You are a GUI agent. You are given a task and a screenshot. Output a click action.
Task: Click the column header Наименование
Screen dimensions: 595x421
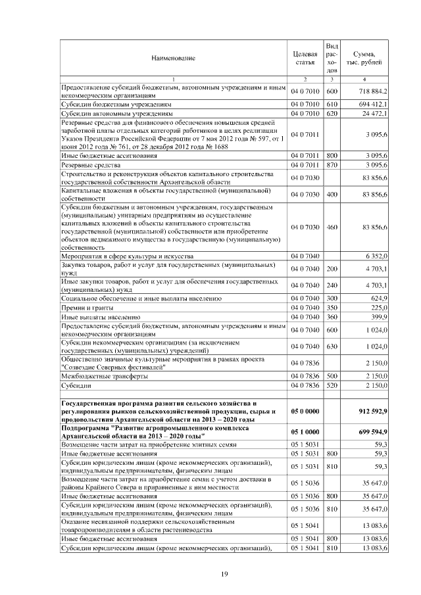(x=173, y=59)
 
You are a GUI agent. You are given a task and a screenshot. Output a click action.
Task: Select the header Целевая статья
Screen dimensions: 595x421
(x=305, y=58)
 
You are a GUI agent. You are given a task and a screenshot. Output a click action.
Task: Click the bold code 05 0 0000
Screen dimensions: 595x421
(x=305, y=411)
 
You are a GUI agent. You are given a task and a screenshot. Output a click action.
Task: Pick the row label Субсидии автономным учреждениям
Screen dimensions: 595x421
(x=112, y=114)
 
